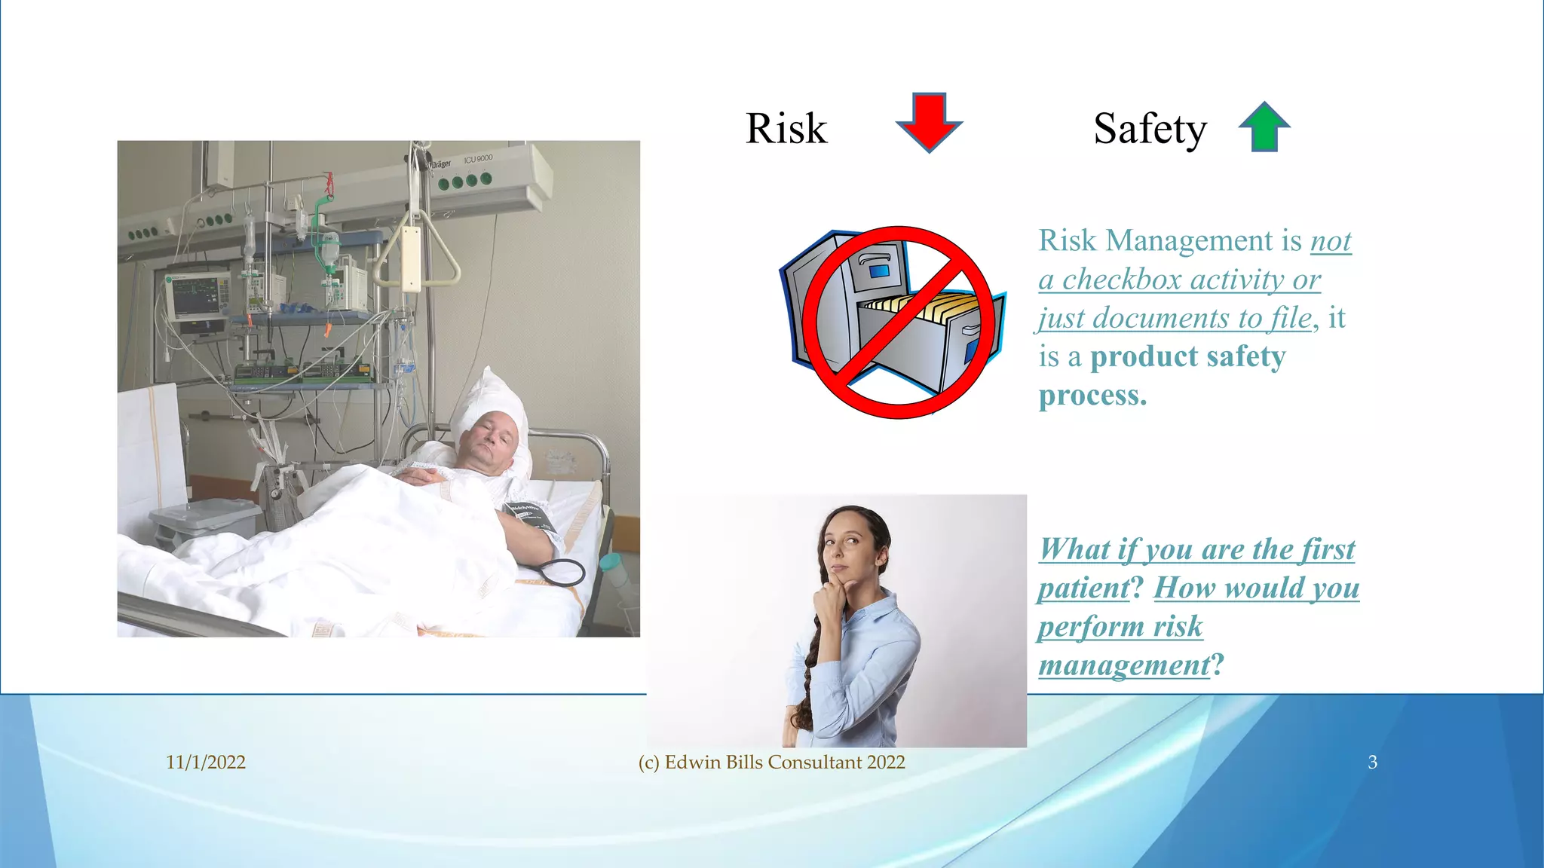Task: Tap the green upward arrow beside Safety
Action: coord(1264,127)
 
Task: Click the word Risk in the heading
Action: coord(786,129)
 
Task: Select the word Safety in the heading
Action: coord(1150,129)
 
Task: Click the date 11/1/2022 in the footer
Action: coord(206,762)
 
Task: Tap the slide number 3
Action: coord(1372,762)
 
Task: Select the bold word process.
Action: coord(1092,396)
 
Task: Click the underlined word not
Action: coord(1331,241)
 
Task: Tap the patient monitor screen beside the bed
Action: coord(198,296)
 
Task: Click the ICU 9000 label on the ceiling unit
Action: coord(478,159)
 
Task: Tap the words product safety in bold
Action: coord(1187,356)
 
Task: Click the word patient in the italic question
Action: coord(1084,588)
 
